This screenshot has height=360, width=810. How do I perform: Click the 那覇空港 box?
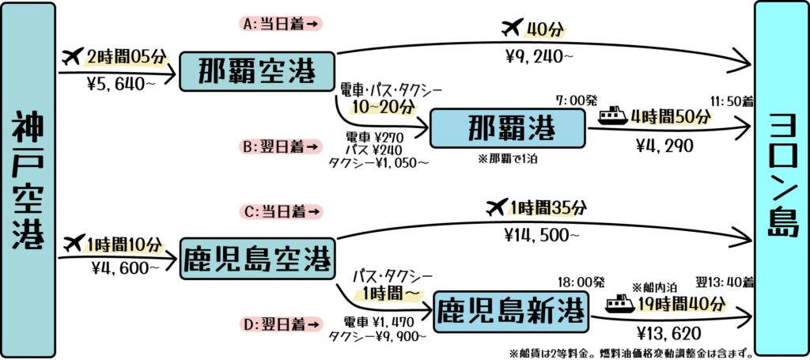[x=257, y=71]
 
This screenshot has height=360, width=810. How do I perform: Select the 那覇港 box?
[x=507, y=128]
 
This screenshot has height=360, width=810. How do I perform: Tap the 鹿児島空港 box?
[x=257, y=259]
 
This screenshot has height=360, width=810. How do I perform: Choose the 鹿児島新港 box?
[x=511, y=312]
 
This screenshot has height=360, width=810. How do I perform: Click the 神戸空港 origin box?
[x=29, y=179]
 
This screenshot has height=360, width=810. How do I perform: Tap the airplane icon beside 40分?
[x=512, y=28]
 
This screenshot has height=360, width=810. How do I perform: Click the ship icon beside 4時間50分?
[x=613, y=116]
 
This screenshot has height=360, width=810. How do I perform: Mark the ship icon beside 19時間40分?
[x=620, y=303]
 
